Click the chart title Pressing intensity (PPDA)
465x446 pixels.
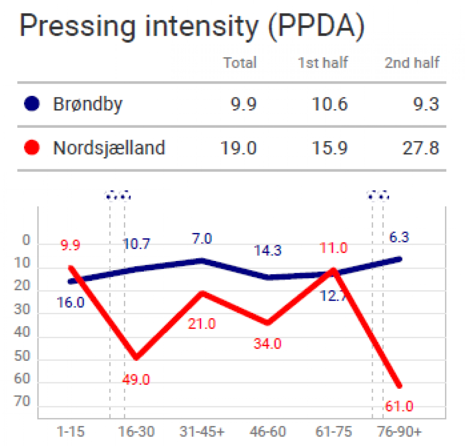(192, 27)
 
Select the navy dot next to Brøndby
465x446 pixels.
(32, 104)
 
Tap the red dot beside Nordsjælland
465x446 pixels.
(32, 147)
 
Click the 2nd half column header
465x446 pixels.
(411, 63)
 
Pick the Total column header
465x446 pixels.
(240, 63)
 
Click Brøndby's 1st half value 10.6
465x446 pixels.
(330, 104)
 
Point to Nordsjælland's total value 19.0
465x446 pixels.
(239, 147)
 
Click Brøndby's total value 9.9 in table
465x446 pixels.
(243, 104)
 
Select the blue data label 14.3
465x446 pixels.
(267, 250)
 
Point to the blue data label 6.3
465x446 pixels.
(398, 237)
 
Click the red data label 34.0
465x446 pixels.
(267, 343)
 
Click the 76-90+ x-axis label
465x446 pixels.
(400, 432)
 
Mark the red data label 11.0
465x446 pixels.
(334, 248)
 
